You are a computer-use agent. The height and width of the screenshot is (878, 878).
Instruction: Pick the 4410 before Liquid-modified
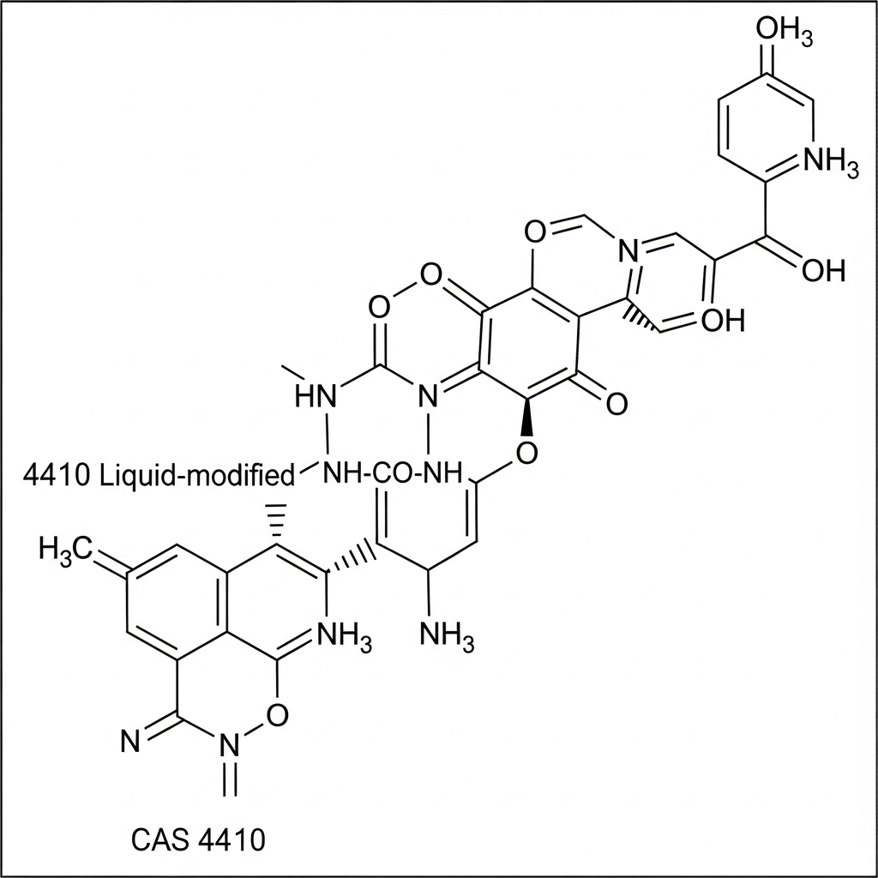pos(55,475)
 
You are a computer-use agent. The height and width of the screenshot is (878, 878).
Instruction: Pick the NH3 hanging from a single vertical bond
pos(447,636)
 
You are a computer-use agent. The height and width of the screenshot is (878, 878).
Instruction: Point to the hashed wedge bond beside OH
pos(641,316)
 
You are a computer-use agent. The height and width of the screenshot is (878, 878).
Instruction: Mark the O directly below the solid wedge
pos(527,452)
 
